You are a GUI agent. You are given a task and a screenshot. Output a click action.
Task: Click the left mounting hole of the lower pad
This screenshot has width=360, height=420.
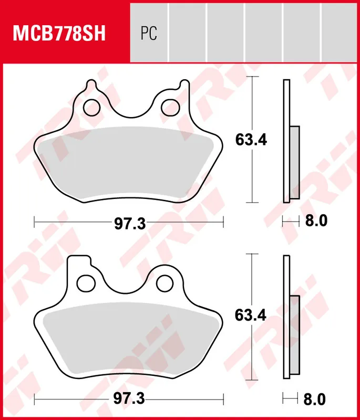tap(85, 283)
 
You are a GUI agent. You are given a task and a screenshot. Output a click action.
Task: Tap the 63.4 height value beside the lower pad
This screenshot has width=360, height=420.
tap(251, 316)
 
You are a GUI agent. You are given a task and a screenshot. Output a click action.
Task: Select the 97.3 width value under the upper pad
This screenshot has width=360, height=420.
tap(129, 223)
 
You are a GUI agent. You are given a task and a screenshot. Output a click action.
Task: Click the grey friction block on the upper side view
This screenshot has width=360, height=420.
tap(294, 162)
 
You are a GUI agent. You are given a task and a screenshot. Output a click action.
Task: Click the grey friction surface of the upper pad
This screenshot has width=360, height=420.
tap(129, 163)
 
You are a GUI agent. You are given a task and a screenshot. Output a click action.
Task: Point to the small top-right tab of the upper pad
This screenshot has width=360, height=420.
tap(183, 84)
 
